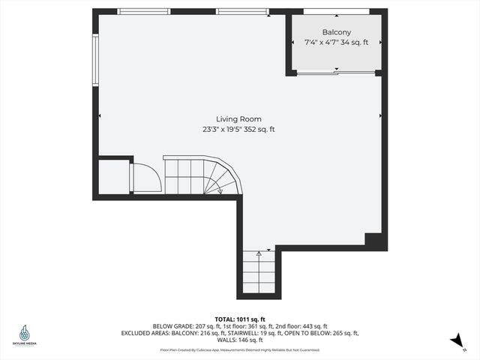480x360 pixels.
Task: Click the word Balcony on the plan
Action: pyautogui.click(x=336, y=32)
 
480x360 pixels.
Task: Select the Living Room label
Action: pyautogui.click(x=238, y=119)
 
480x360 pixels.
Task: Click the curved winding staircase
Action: pyautogui.click(x=221, y=178)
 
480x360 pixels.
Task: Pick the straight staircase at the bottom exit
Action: pyautogui.click(x=259, y=271)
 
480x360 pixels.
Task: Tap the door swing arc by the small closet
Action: pyautogui.click(x=145, y=179)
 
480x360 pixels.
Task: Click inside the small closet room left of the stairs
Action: pyautogui.click(x=113, y=177)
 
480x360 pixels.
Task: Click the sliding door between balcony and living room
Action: pyautogui.click(x=335, y=73)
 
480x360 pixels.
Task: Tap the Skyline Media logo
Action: pyautogui.click(x=25, y=335)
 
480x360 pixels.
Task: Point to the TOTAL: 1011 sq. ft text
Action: pyautogui.click(x=239, y=318)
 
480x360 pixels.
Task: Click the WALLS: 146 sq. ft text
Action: pyautogui.click(x=239, y=340)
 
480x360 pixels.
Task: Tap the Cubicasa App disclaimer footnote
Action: pyautogui.click(x=239, y=349)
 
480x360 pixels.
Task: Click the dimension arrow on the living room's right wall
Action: pyautogui.click(x=381, y=115)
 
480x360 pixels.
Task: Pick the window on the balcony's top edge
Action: pyautogui.click(x=336, y=11)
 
